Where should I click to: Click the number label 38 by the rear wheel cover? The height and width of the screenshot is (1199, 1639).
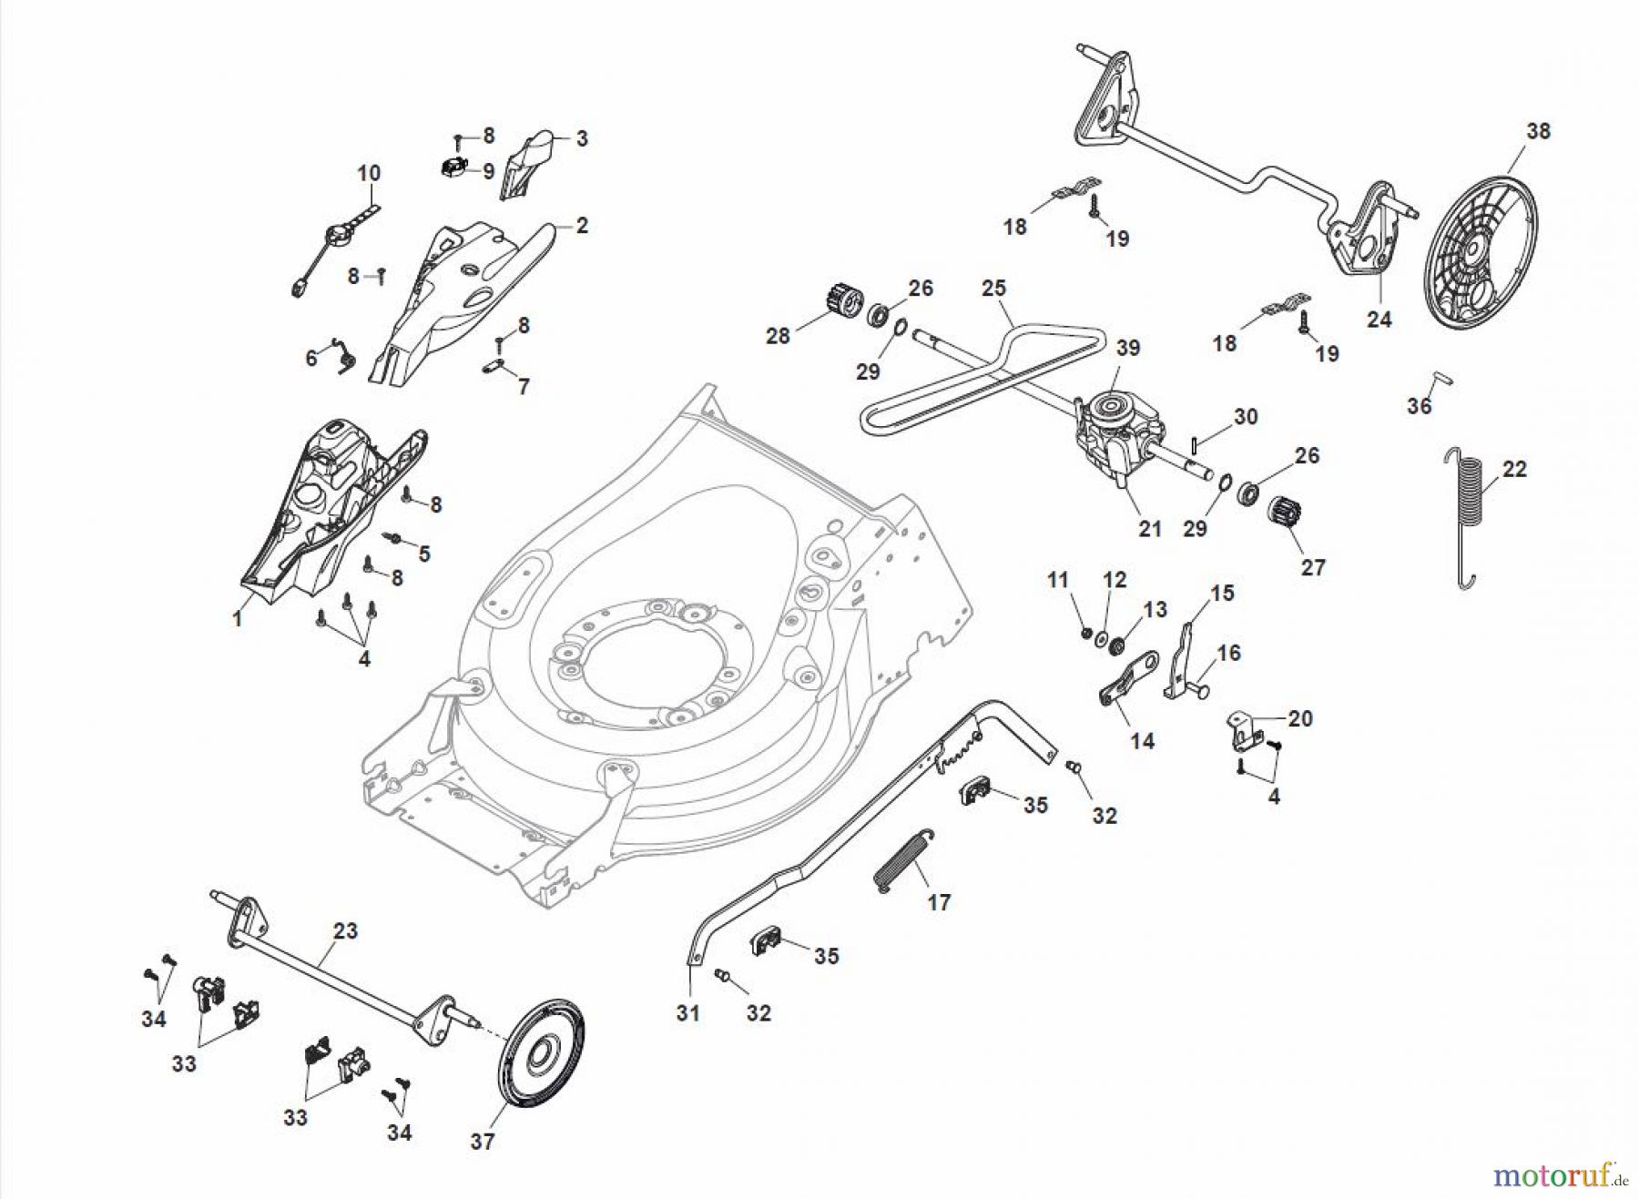click(1538, 131)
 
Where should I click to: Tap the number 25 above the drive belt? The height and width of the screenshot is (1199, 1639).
click(993, 289)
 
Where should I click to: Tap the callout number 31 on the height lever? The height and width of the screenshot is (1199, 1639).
click(687, 1012)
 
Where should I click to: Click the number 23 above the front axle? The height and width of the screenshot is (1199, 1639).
click(345, 931)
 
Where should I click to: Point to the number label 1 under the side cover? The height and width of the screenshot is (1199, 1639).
click(238, 619)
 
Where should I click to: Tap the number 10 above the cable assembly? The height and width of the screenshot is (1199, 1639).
click(369, 173)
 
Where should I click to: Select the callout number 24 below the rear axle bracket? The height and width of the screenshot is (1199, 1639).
click(1379, 320)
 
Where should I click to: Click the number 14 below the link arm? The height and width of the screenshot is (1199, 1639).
click(1142, 741)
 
